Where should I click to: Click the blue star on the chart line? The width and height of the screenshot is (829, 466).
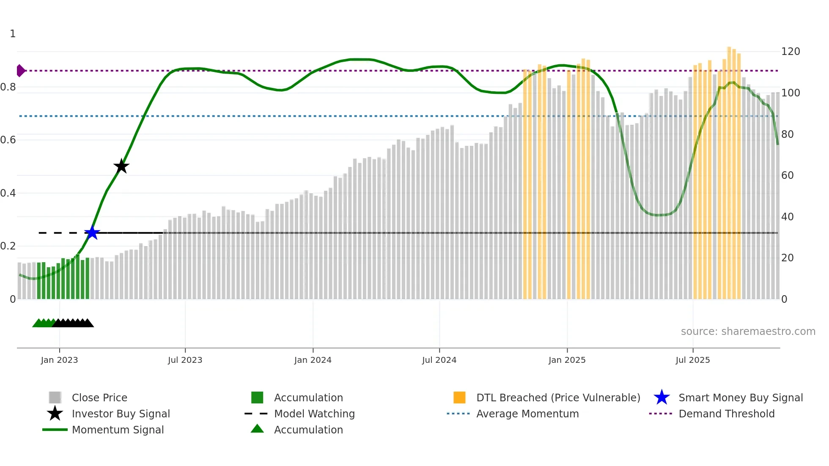(92, 233)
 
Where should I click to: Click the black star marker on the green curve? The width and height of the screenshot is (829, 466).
(121, 166)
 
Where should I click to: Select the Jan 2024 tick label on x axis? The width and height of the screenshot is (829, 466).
(313, 360)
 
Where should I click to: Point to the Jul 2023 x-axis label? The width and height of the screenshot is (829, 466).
(185, 360)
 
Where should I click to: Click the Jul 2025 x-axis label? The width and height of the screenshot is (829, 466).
(692, 360)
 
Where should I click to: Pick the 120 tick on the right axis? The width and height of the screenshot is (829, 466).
(790, 52)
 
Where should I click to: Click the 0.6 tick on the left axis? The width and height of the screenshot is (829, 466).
(8, 140)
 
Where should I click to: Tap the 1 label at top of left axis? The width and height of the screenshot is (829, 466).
(13, 34)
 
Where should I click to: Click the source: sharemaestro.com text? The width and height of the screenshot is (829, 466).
(748, 331)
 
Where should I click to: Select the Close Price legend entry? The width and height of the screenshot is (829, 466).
(99, 397)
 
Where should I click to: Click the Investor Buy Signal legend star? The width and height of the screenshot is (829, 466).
(55, 414)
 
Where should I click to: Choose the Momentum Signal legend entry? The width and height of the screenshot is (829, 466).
(118, 430)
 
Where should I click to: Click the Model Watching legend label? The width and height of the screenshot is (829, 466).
(314, 414)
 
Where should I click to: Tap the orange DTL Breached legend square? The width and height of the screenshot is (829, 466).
(459, 397)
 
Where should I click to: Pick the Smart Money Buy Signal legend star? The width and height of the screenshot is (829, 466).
(662, 397)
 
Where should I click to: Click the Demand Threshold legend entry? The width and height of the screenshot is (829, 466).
(726, 414)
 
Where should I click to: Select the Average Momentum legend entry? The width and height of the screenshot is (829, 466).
(527, 414)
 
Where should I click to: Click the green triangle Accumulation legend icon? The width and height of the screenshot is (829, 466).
(257, 429)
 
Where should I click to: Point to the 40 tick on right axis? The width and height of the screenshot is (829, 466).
(787, 217)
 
